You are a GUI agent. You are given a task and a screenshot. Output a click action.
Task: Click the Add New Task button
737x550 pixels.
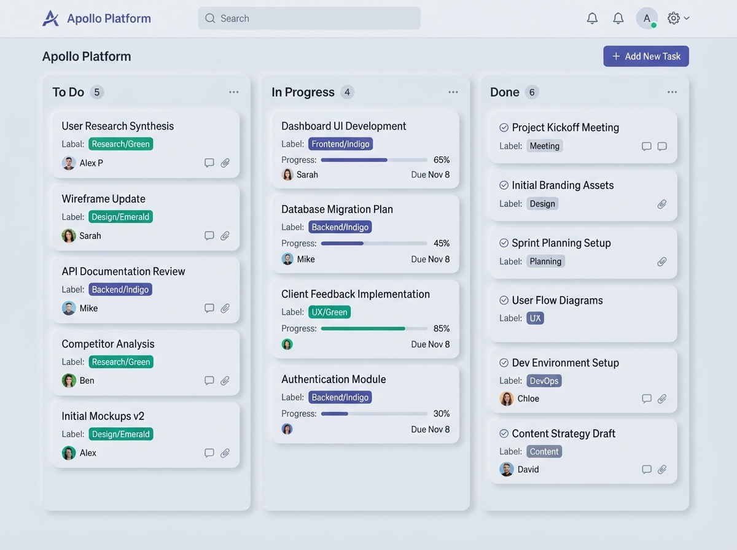click(x=645, y=56)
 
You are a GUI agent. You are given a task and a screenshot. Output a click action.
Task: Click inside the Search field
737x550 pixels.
click(x=309, y=18)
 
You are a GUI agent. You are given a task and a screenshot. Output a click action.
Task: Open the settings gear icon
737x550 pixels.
click(x=673, y=18)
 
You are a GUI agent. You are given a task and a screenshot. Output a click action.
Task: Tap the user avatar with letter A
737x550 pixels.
click(x=647, y=18)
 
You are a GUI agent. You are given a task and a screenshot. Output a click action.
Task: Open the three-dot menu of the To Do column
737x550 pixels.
click(x=234, y=92)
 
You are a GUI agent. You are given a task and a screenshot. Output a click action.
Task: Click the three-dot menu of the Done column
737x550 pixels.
click(x=672, y=92)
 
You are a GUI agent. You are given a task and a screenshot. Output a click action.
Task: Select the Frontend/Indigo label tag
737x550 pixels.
click(x=340, y=144)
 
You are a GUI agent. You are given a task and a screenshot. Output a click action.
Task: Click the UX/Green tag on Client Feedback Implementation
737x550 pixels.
click(x=329, y=312)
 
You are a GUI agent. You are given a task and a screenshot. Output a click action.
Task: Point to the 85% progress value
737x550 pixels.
click(x=441, y=328)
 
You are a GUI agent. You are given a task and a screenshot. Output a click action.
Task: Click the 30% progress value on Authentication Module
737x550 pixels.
click(x=441, y=414)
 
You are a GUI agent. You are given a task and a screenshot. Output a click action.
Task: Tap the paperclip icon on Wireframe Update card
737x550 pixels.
click(x=225, y=236)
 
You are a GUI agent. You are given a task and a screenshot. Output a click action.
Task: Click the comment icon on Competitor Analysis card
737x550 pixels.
click(x=209, y=381)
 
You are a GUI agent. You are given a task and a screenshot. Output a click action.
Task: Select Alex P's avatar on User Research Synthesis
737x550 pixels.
click(x=69, y=163)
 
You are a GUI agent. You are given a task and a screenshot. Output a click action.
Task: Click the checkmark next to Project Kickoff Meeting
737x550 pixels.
click(x=504, y=128)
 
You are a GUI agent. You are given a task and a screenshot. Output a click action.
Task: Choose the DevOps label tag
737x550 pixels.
click(x=544, y=381)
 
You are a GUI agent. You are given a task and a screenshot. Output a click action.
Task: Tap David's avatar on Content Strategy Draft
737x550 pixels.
click(x=506, y=470)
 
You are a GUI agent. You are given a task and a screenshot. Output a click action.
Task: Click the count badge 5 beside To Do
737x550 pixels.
click(x=96, y=92)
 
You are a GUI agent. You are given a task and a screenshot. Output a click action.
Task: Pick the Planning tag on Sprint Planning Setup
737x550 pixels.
click(x=545, y=261)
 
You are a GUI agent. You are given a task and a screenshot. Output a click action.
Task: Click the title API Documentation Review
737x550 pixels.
click(x=123, y=271)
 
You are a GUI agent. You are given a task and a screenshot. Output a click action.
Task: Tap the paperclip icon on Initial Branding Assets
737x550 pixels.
click(x=662, y=204)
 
